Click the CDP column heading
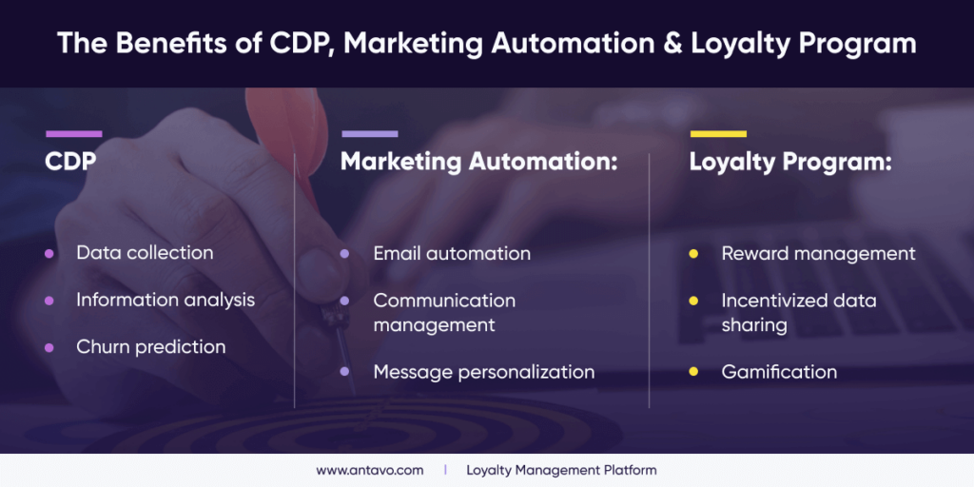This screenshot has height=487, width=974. (70, 162)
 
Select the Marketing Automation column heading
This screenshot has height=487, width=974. (479, 162)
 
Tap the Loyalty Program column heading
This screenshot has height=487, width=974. (790, 162)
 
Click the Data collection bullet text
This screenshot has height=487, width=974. (145, 253)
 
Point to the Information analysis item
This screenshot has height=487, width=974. (166, 300)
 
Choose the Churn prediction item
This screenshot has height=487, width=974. (151, 347)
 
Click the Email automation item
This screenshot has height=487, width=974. (452, 254)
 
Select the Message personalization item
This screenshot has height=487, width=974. (483, 372)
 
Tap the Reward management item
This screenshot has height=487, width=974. (818, 254)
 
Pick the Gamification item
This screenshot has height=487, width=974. (779, 372)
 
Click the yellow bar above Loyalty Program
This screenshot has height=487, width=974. (718, 134)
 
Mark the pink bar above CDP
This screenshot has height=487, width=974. (73, 134)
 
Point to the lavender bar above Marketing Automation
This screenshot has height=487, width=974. (369, 134)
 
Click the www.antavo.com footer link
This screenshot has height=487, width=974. (370, 470)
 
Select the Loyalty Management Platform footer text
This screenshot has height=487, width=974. (561, 470)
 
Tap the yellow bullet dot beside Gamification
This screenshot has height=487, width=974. (693, 372)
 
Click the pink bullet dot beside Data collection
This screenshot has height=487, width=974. (49, 253)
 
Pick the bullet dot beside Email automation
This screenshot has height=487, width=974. (345, 254)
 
